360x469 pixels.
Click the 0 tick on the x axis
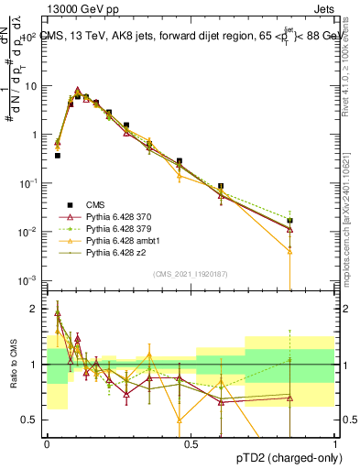tap(47, 442)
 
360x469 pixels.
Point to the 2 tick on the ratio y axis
tap(37, 309)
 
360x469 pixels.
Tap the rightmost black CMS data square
tap(289, 221)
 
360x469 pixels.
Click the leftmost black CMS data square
tap(57, 156)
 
